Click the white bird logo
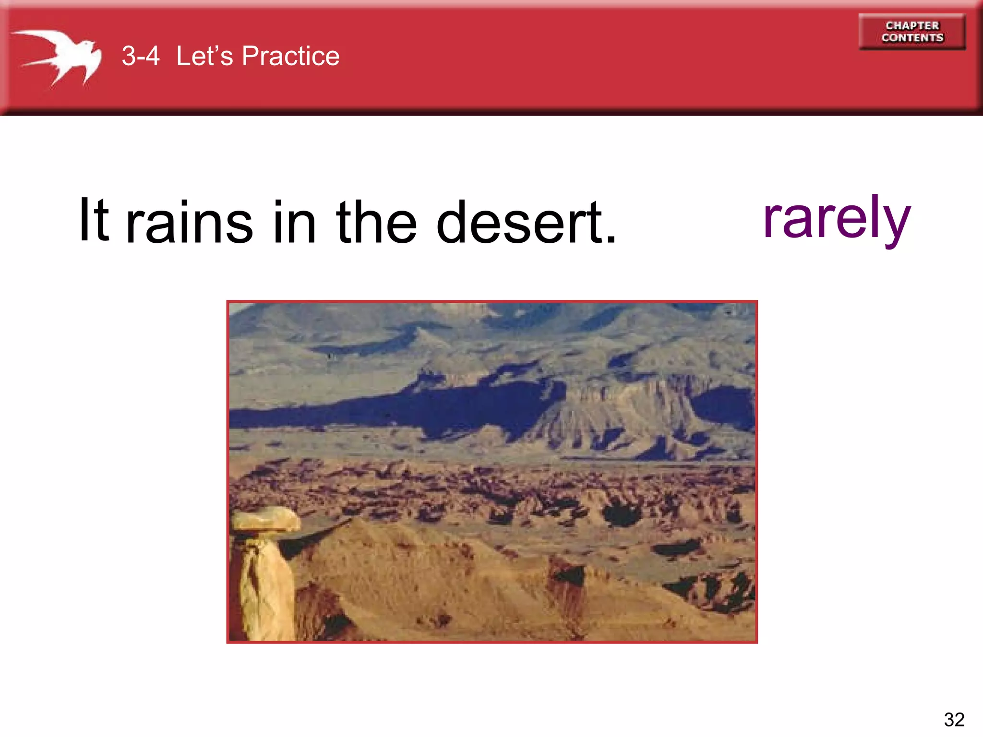pyautogui.click(x=62, y=55)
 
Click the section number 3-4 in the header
pyautogui.click(x=140, y=56)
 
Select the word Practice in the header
pyautogui.click(x=290, y=56)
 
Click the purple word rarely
pyautogui.click(x=836, y=218)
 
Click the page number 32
pyautogui.click(x=954, y=719)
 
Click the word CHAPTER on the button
pyautogui.click(x=912, y=25)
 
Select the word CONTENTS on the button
pyautogui.click(x=912, y=38)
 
